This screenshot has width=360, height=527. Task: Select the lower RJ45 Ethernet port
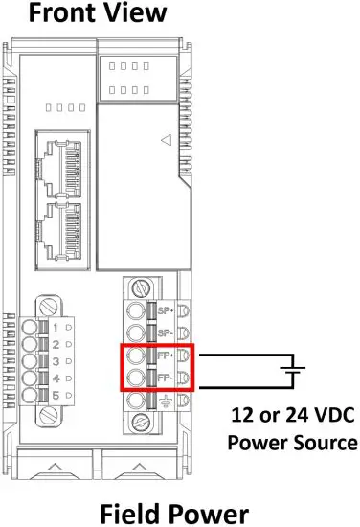(x=59, y=237)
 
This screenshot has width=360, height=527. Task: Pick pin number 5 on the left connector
(x=56, y=395)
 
